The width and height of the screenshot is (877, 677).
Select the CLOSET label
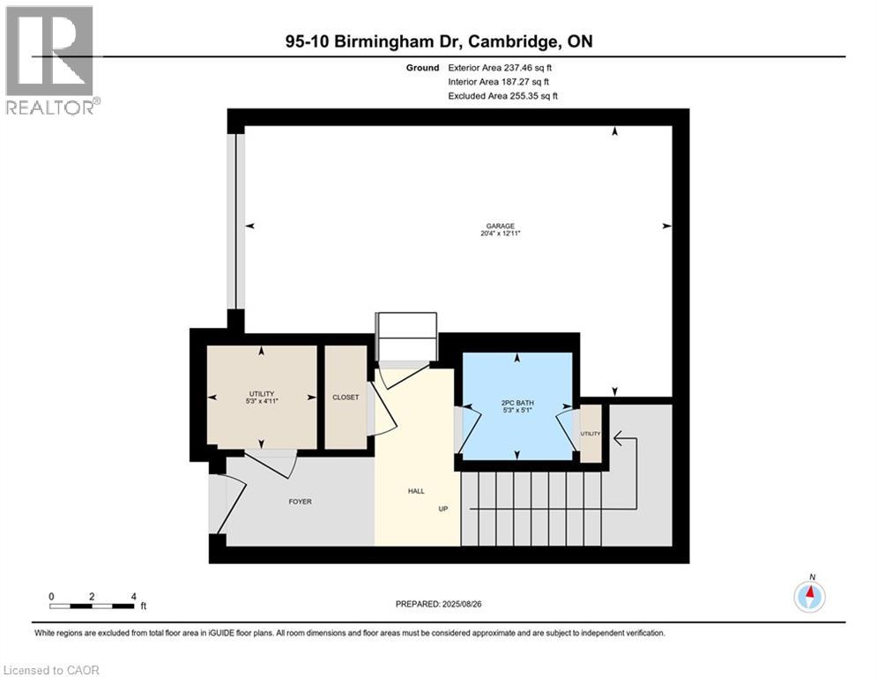click(x=346, y=398)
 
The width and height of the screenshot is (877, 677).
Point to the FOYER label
click(x=301, y=502)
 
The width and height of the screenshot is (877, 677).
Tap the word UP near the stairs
click(x=445, y=509)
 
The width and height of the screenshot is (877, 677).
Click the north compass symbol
click(x=808, y=596)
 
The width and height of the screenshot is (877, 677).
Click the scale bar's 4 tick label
click(x=132, y=597)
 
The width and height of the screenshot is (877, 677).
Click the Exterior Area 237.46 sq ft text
click(x=501, y=67)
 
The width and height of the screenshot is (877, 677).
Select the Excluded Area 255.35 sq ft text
click(x=503, y=95)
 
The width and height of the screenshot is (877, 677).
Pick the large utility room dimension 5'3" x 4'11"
click(x=262, y=402)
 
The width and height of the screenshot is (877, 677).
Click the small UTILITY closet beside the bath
click(x=591, y=434)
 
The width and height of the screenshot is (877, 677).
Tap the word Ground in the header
click(x=423, y=67)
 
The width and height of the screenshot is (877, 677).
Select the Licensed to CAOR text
click(x=52, y=670)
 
